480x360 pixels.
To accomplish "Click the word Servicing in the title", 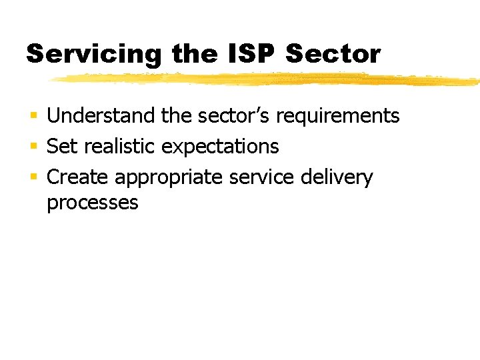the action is coord(93,54).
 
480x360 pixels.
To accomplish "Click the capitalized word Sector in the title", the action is coord(333,53).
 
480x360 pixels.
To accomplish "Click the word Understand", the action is coord(102,116).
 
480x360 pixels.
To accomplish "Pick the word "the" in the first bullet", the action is coord(176,116).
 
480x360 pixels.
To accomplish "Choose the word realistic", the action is coord(119,146).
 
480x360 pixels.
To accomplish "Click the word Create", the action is coord(78,177).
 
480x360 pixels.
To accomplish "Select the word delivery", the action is coord(337,178).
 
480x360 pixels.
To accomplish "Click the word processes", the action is coord(92,203).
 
